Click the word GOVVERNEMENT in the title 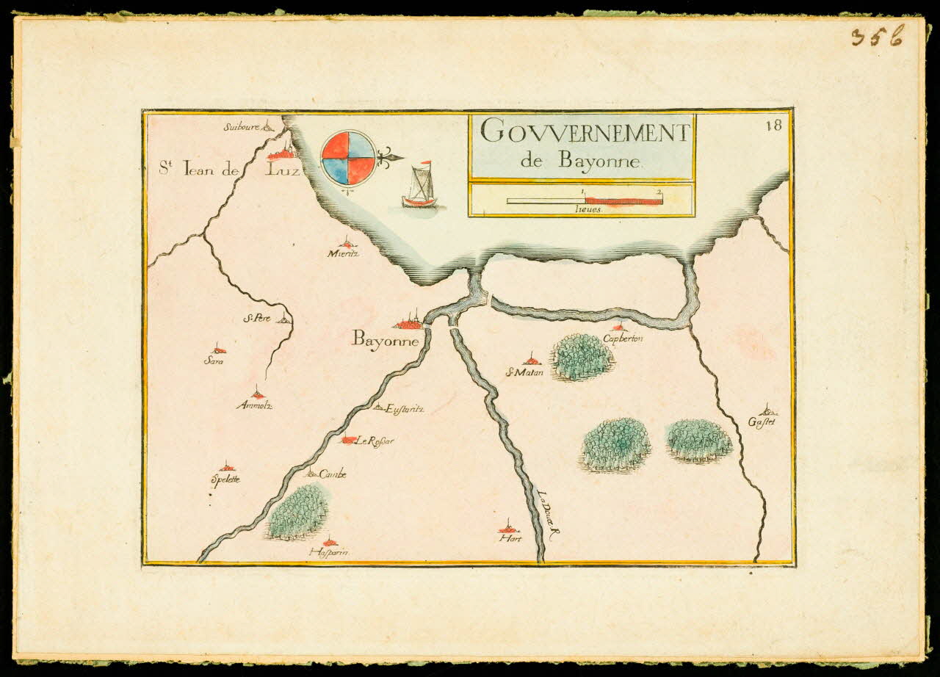(x=585, y=133)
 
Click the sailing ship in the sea (x=420, y=187)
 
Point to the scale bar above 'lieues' (x=585, y=200)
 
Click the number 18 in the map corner (x=773, y=125)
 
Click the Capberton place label (x=623, y=338)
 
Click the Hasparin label (x=328, y=552)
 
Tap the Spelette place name (x=225, y=479)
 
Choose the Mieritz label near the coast (x=344, y=253)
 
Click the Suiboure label (x=242, y=126)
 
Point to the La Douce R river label (x=548, y=517)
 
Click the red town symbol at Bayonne (x=408, y=322)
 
